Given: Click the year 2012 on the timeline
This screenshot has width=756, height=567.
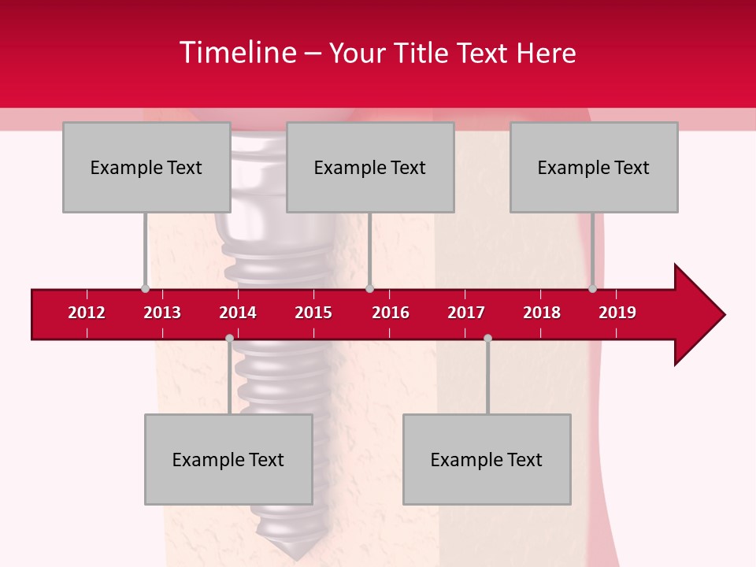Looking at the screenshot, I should click(x=87, y=313).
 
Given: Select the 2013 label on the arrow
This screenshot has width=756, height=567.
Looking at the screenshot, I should click(x=162, y=313).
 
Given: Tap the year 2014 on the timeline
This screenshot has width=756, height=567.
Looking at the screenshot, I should click(x=238, y=313).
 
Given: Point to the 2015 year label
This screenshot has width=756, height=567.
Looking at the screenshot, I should click(x=313, y=313).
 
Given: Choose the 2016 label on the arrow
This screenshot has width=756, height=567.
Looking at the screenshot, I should click(x=391, y=313).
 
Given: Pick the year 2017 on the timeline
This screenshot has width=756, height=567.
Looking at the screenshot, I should click(x=466, y=313).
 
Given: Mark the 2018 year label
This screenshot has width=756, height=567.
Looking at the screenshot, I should click(x=542, y=313).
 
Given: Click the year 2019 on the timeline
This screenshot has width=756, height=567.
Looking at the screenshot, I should click(x=617, y=313).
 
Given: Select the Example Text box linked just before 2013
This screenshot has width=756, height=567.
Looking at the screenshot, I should click(x=146, y=167).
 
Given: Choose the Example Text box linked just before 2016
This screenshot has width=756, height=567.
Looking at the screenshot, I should click(x=370, y=167).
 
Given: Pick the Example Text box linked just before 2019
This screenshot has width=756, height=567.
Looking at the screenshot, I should click(x=594, y=167).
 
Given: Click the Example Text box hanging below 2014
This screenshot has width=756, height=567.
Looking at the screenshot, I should click(x=228, y=459).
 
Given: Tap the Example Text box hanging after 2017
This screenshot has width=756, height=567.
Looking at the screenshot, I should click(x=487, y=459).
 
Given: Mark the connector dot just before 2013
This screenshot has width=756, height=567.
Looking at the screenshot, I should click(x=146, y=289).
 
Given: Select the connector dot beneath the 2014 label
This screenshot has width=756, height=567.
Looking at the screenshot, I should click(x=229, y=338).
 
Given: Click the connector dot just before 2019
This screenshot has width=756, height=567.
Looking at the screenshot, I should click(x=592, y=289).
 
